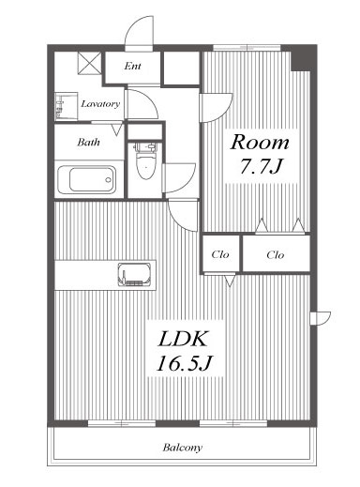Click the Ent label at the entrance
(x=132, y=66)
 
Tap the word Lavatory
(x=100, y=104)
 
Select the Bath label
(x=88, y=143)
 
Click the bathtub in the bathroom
(x=87, y=179)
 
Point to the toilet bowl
(x=145, y=161)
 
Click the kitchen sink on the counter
(x=134, y=274)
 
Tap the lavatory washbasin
(x=66, y=106)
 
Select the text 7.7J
(x=261, y=166)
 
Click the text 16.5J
(x=185, y=363)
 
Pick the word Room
(x=260, y=143)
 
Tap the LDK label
(x=183, y=339)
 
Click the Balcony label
(x=183, y=448)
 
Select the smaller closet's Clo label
(x=220, y=254)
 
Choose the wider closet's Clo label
(x=276, y=255)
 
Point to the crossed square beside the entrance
(x=89, y=63)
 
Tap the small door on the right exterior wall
(x=321, y=318)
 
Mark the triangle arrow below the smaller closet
(x=230, y=281)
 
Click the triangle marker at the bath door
(x=116, y=129)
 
